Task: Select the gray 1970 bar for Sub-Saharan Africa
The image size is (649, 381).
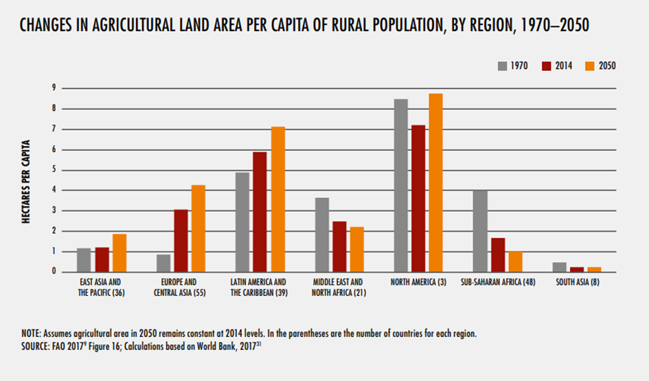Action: (x=480, y=231)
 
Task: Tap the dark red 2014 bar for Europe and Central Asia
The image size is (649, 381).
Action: (x=181, y=241)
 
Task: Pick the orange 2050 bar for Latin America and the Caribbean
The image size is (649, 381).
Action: (x=277, y=199)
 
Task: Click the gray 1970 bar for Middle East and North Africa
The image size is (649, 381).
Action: (x=321, y=235)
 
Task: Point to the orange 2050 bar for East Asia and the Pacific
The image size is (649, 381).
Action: (x=119, y=253)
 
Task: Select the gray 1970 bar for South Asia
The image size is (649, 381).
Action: (x=558, y=267)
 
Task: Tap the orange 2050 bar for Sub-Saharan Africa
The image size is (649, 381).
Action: (x=515, y=261)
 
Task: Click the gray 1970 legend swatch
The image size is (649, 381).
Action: (x=503, y=66)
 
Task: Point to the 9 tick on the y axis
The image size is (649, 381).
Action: (x=53, y=88)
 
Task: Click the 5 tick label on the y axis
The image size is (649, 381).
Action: (x=53, y=170)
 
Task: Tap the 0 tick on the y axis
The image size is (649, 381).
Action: (x=53, y=272)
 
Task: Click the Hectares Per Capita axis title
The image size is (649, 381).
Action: (x=27, y=180)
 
